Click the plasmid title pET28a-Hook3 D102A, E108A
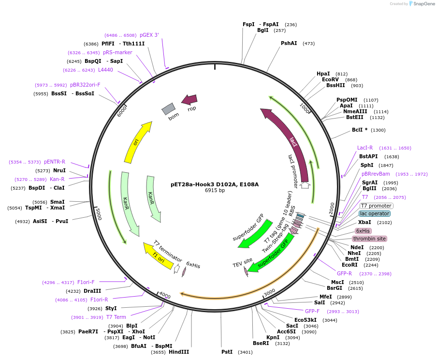215,184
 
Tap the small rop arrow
189,100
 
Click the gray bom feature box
168,109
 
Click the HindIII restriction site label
179,352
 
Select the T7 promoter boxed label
376,206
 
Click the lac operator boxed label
375,213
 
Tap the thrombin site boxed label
369,239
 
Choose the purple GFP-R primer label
344,273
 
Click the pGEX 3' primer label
149,35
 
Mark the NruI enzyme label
59,170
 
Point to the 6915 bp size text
215,191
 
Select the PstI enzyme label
227,352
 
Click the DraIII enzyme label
92,291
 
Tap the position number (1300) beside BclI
379,130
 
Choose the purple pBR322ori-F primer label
85,85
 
